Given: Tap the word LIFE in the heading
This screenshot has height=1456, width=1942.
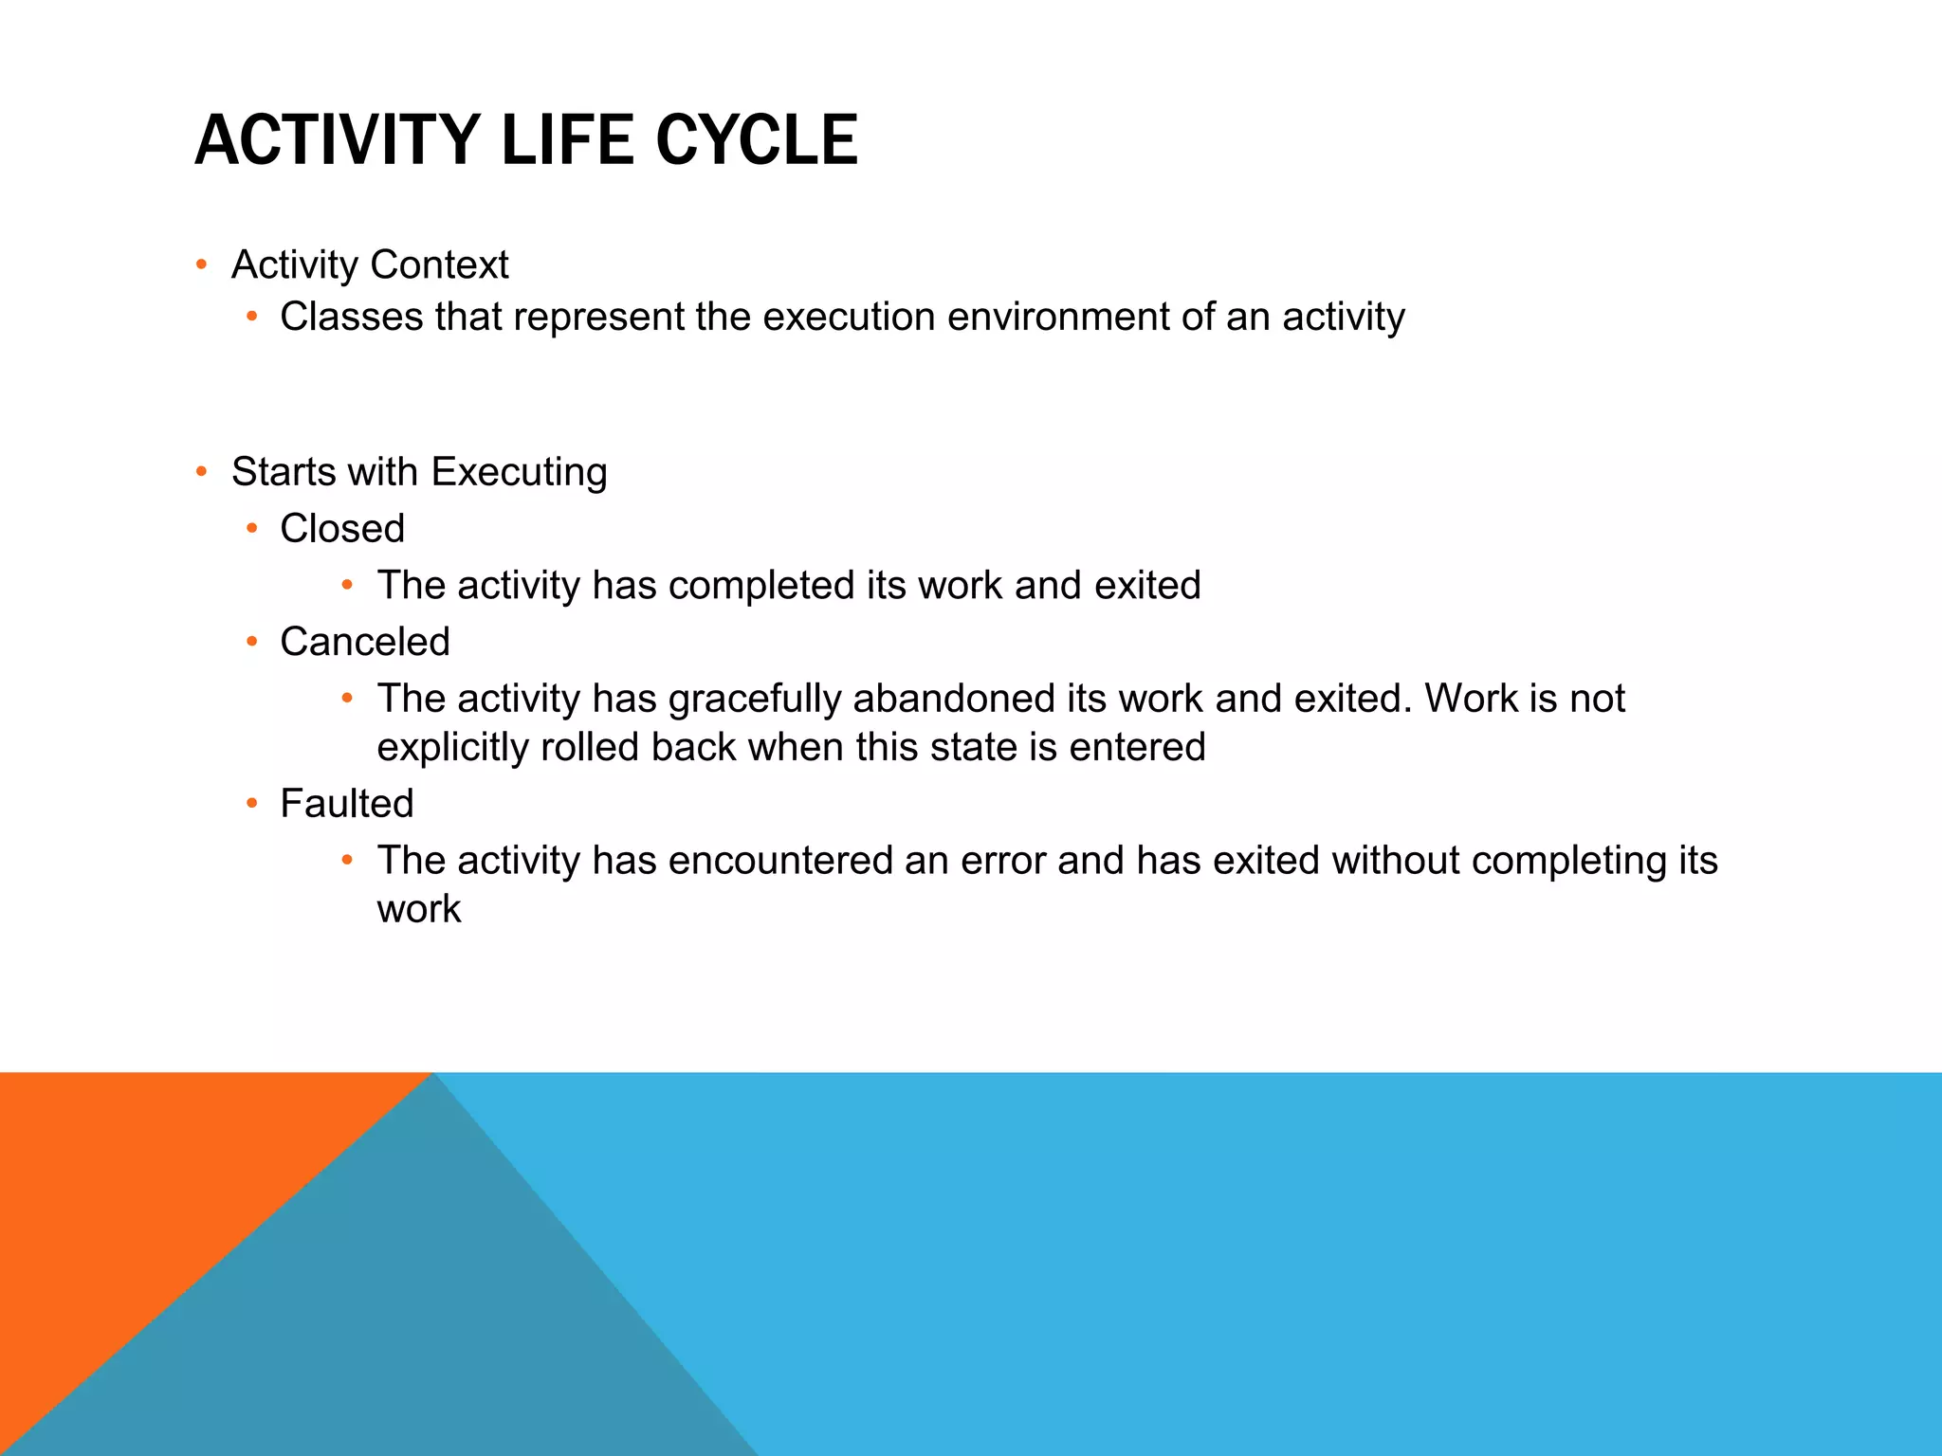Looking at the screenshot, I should point(566,140).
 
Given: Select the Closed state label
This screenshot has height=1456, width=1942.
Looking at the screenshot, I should point(342,529).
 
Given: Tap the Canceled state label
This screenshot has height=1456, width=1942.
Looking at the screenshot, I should point(364,642).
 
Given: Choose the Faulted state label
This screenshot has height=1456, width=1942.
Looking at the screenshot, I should point(347,804).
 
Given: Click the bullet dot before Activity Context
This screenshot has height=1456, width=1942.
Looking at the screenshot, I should point(201,264).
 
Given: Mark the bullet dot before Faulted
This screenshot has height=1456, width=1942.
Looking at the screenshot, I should point(251,804).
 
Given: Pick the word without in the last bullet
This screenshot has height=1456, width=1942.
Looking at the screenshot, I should point(1395,861).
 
